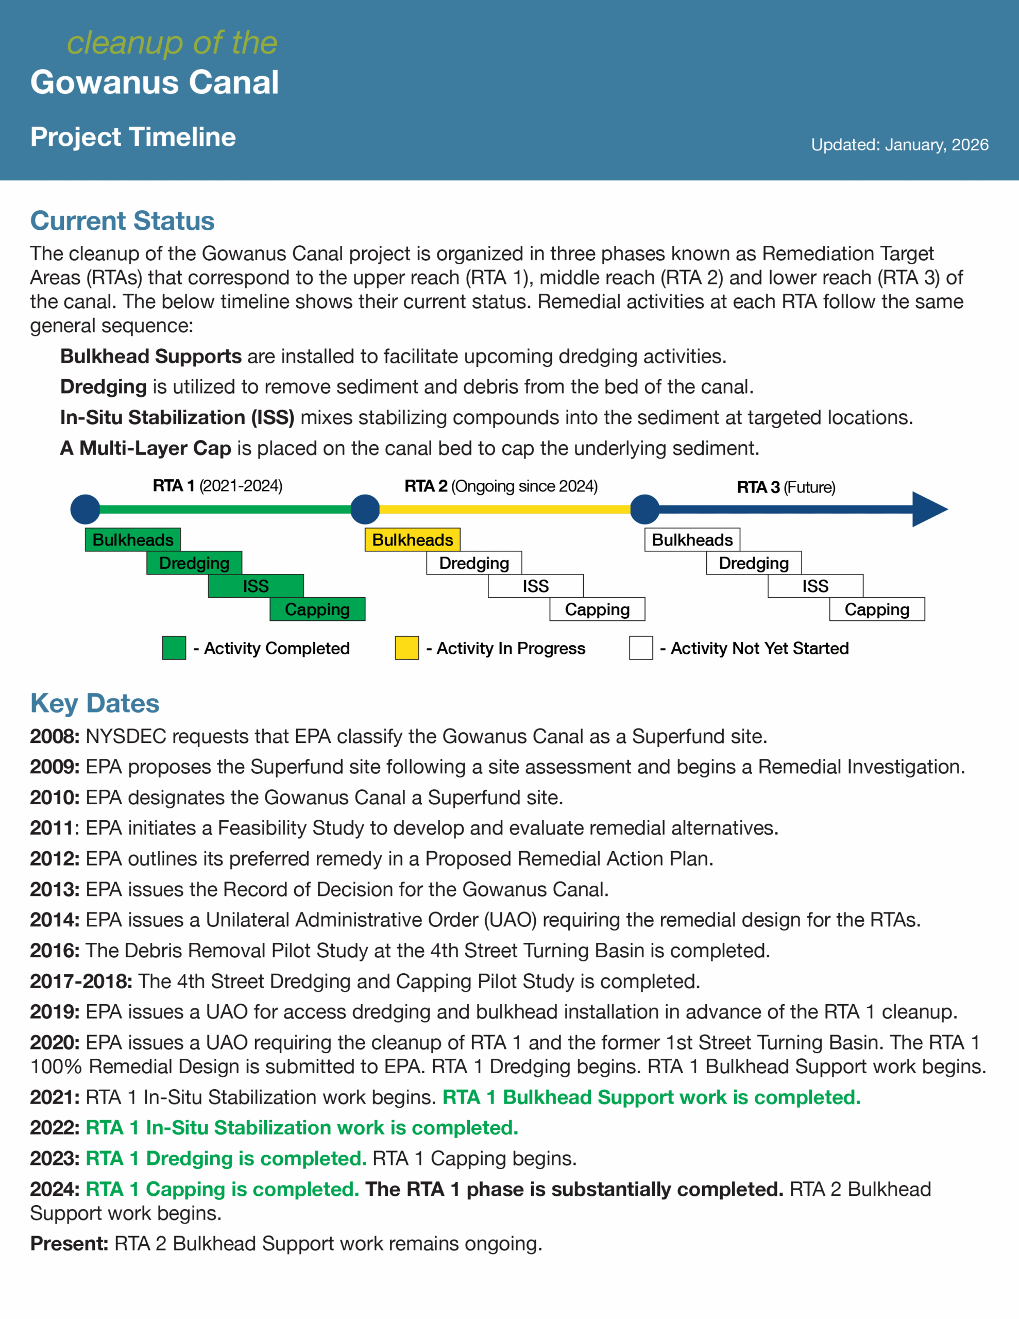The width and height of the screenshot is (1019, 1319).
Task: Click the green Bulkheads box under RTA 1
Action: (x=133, y=539)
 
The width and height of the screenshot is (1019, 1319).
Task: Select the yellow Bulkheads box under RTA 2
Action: (x=413, y=539)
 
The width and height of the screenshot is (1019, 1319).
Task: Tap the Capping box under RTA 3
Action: (x=876, y=610)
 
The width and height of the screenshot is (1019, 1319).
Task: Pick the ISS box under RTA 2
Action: (x=536, y=586)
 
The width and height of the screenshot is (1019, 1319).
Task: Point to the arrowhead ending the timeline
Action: (x=929, y=509)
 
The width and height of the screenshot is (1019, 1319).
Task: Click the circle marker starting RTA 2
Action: (x=365, y=509)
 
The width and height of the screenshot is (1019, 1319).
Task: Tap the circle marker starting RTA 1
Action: (x=85, y=509)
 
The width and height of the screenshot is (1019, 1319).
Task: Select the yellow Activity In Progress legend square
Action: (x=406, y=648)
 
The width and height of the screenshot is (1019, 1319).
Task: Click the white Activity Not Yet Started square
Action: (x=640, y=648)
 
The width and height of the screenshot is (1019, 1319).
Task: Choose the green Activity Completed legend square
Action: (x=174, y=648)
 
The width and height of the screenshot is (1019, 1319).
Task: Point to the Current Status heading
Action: (x=122, y=221)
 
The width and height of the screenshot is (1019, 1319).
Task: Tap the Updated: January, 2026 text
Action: (x=899, y=145)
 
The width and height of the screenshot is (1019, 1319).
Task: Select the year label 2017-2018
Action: (x=81, y=982)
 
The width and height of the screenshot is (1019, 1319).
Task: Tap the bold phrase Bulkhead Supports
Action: (x=151, y=357)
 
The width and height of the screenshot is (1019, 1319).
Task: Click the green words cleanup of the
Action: (x=172, y=43)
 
